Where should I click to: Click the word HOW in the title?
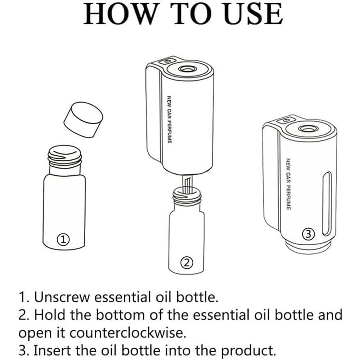point(120,14)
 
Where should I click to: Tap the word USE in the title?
point(253,14)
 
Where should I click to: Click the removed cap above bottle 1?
point(84,120)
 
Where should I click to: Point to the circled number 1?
point(63,239)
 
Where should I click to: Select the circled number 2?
point(186,262)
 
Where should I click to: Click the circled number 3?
point(309,234)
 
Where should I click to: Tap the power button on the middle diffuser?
point(168,61)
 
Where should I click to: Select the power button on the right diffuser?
point(286,120)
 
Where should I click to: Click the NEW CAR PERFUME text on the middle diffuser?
point(169,120)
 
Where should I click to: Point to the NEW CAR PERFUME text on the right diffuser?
point(288,184)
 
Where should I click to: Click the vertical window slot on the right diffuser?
point(327,204)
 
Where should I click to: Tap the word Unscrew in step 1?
point(62,297)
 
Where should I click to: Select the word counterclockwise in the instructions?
point(128,333)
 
